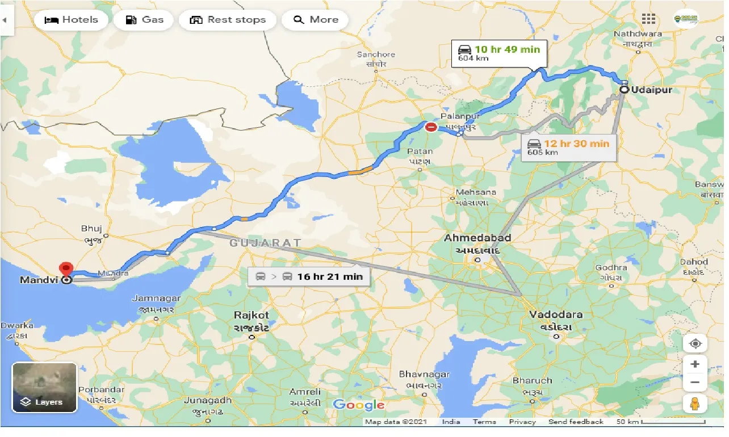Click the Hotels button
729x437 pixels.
pos(70,20)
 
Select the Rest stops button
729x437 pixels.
pos(227,20)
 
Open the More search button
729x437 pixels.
pos(316,20)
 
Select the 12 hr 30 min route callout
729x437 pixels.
pos(568,147)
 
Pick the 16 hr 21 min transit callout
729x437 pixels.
pos(309,277)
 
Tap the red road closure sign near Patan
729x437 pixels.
pos(431,127)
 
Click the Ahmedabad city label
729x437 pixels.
pos(477,238)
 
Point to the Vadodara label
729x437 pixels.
pos(556,314)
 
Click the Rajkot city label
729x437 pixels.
pos(252,315)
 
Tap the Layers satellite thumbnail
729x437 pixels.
pos(44,388)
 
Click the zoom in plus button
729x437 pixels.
pos(695,364)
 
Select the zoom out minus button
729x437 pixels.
pos(695,382)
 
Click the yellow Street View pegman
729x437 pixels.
pos(695,404)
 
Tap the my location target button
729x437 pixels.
pos(695,343)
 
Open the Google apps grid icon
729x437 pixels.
pos(648,19)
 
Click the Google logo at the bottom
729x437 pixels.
pos(358,405)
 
